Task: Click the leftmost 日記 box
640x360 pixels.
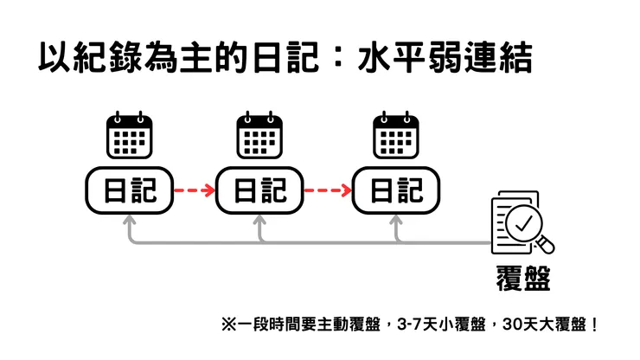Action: tap(129, 190)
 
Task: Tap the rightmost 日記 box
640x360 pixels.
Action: tap(396, 190)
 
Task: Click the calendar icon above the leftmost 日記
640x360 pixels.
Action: tap(129, 136)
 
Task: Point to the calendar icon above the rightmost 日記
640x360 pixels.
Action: tap(396, 136)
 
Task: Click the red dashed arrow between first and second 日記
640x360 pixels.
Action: tap(195, 190)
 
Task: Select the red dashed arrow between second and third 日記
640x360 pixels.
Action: tap(329, 190)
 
